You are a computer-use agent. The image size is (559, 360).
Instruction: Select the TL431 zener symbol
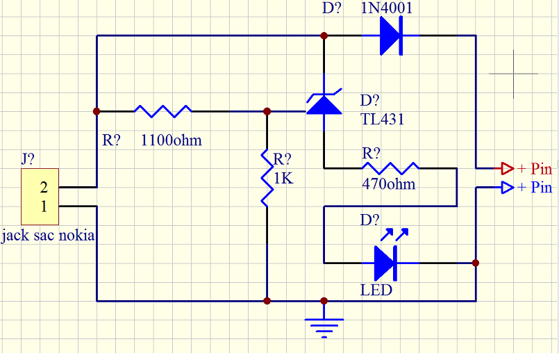coord(324,104)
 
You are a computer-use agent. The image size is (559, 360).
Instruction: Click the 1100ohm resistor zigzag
coord(163,111)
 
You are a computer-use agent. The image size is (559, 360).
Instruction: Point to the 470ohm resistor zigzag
coord(390,167)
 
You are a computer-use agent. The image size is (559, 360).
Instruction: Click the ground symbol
coord(324,324)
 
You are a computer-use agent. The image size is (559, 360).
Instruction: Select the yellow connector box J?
coord(40,196)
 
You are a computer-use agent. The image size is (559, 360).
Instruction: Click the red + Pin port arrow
coord(504,168)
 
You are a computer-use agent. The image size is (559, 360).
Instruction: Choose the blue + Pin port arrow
coord(504,187)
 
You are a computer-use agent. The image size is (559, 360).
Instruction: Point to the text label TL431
coord(382,120)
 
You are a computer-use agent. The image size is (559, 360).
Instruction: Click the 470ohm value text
coord(388,184)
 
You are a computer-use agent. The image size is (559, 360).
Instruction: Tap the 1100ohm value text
coord(171,140)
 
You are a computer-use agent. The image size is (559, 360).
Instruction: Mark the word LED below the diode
coord(376,290)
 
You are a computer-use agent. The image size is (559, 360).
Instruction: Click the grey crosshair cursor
coord(513,73)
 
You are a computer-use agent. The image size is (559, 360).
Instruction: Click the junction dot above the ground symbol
coord(324,301)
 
